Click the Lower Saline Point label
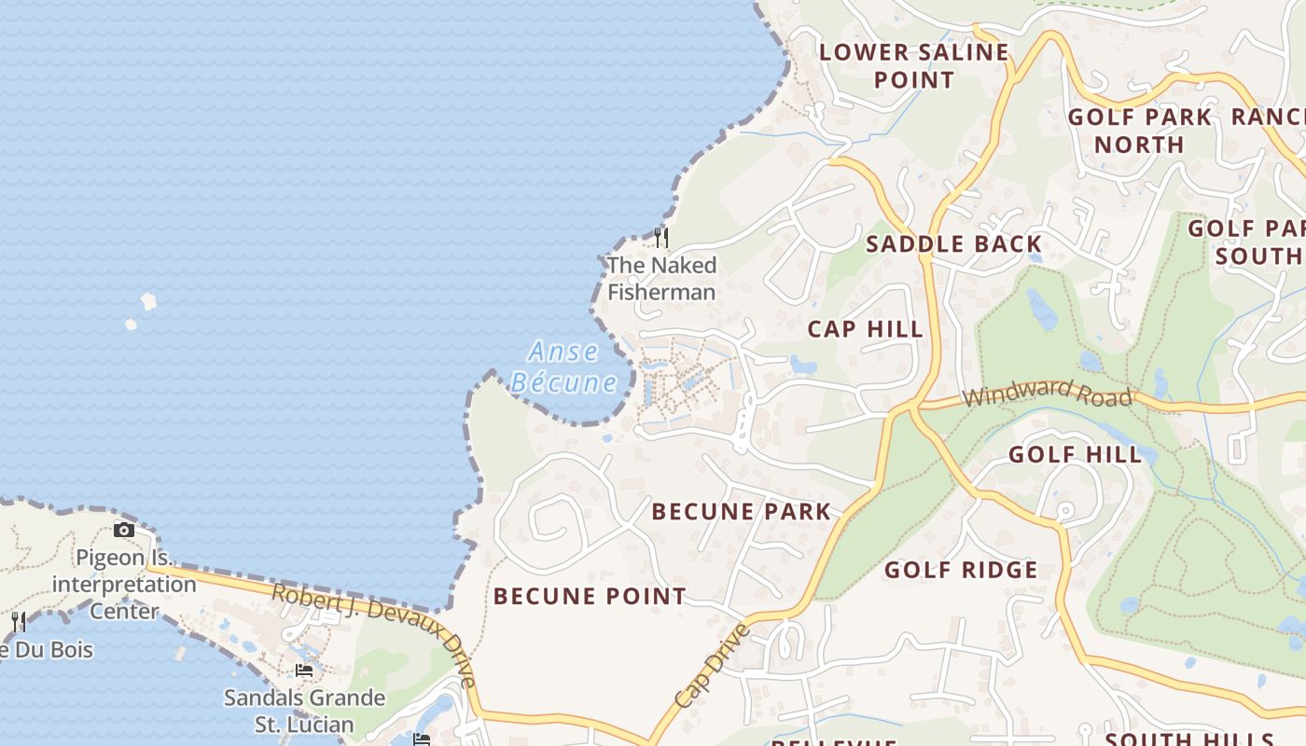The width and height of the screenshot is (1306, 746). [913, 65]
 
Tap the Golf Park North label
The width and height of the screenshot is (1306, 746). [1139, 131]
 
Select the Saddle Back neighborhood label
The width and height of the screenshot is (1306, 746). [953, 244]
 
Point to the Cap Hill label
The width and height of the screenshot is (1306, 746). [865, 329]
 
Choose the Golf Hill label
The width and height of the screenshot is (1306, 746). [1075, 455]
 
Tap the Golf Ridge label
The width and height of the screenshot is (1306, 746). [960, 570]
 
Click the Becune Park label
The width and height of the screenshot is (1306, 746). [741, 511]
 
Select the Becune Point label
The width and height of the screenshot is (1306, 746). [589, 596]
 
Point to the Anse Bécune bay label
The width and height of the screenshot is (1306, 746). [563, 366]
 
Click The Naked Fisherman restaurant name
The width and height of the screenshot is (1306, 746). [661, 278]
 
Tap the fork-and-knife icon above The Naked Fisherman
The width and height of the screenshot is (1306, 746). [660, 237]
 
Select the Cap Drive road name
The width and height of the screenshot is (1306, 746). [711, 666]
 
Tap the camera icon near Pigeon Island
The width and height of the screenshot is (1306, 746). [123, 531]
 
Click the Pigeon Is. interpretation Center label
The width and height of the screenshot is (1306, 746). [123, 585]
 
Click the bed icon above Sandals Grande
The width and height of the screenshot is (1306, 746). [303, 670]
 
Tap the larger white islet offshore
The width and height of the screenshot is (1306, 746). [148, 301]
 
